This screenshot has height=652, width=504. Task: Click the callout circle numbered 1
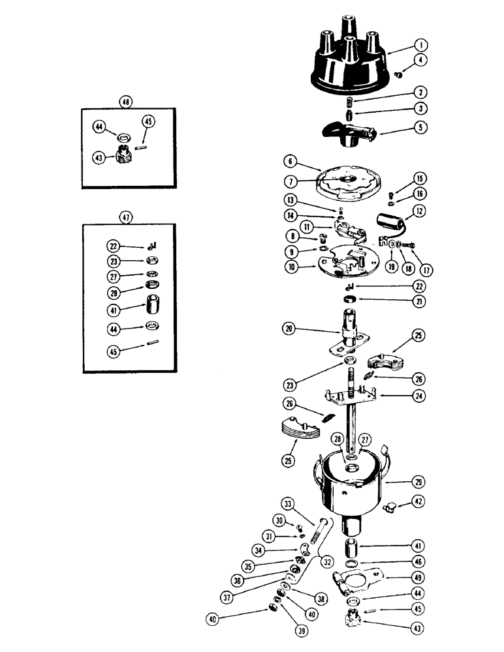421,46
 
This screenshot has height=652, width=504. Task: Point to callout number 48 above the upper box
125,102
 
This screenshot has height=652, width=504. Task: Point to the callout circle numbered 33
289,503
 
